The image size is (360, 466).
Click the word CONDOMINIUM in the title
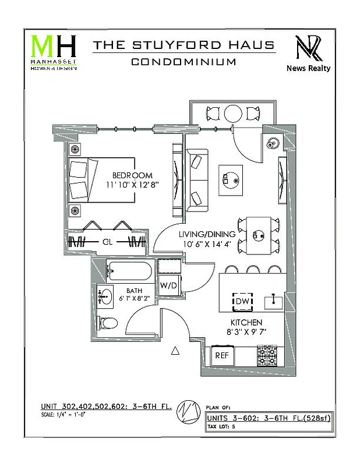183,62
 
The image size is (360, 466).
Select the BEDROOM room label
132,175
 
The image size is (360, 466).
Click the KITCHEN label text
245,322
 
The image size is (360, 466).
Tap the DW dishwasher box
242,301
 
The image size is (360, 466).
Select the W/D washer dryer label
168,285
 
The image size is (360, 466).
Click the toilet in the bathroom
107,323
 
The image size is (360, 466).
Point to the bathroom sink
105,297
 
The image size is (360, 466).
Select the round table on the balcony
234,112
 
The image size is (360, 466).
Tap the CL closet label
107,241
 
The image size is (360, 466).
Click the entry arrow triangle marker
174,351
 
